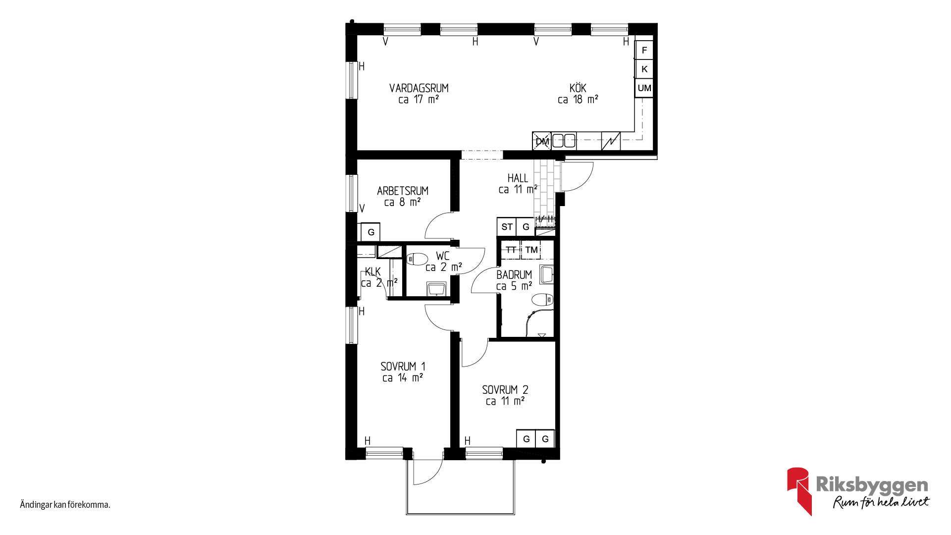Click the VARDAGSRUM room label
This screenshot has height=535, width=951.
coord(419,88)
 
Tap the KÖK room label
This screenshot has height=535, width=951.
coord(578,88)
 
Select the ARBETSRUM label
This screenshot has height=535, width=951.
coord(402,191)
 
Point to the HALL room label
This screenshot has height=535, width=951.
coord(518,178)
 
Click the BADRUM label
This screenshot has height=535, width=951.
coord(514,274)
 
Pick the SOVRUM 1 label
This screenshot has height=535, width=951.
coord(403,367)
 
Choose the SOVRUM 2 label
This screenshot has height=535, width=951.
coord(505,390)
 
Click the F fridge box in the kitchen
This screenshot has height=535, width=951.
coord(644,50)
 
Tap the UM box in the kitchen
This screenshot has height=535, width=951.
coord(644,88)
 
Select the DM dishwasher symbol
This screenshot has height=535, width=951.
coord(542,141)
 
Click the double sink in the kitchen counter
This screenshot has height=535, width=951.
coord(564,141)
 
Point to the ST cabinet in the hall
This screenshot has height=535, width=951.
coord(507,227)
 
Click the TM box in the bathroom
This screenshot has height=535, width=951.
coord(531,250)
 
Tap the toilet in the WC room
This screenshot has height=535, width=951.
coord(417,259)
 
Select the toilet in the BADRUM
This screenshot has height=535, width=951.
coord(542,300)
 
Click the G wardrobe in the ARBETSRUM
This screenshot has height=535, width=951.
coord(370,232)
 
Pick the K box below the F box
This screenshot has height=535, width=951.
coord(644,69)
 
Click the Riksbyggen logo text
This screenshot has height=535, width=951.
coord(872,485)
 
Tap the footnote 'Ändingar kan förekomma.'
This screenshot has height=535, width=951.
coord(65,505)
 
